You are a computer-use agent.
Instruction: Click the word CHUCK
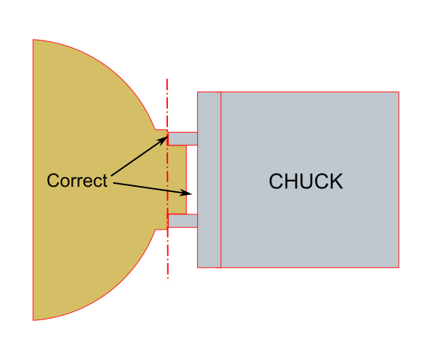(306, 181)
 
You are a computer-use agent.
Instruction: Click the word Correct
(76, 181)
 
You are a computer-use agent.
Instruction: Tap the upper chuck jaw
(182, 138)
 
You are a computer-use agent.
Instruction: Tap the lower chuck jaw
(182, 220)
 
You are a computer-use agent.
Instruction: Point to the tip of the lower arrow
(194, 194)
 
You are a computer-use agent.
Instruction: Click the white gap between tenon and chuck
(191, 179)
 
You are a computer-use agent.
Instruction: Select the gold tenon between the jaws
(177, 179)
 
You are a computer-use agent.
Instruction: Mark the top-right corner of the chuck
(399, 92)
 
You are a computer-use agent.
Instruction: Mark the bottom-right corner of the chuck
(399, 267)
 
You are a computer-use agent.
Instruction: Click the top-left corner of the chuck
(197, 92)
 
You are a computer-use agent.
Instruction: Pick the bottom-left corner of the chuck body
(197, 267)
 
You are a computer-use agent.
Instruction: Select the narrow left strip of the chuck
(209, 180)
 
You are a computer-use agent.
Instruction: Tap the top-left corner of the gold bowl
(33, 40)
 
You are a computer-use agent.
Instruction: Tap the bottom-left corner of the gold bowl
(33, 319)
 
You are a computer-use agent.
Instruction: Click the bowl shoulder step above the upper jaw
(160, 130)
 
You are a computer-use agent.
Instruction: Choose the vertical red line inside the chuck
(221, 180)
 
